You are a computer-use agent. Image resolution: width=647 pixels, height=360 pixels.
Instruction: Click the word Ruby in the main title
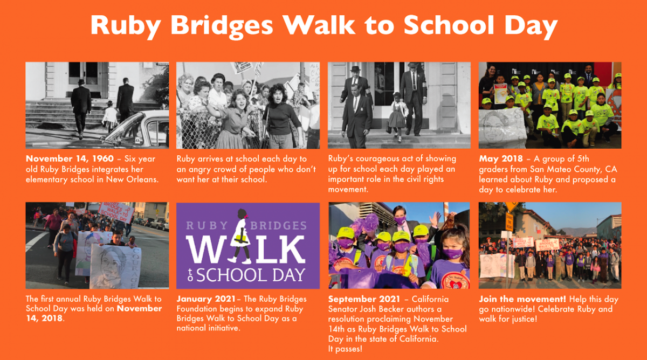click(x=125, y=26)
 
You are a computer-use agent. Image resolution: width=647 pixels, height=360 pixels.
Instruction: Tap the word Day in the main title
click(x=531, y=26)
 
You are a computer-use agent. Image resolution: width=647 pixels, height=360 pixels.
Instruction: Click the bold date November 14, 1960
click(x=70, y=159)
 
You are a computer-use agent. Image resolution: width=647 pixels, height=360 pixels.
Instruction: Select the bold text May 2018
click(x=501, y=159)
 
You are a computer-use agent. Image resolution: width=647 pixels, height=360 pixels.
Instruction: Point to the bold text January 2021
click(x=206, y=299)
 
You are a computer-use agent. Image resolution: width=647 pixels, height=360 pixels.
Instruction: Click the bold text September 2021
click(x=364, y=299)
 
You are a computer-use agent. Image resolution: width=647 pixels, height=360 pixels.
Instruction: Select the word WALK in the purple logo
click(x=245, y=249)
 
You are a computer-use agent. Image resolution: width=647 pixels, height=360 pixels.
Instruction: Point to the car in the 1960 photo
click(x=136, y=129)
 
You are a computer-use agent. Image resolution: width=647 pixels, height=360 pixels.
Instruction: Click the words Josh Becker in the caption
click(x=382, y=309)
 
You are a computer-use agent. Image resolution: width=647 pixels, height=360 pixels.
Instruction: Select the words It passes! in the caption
click(x=345, y=349)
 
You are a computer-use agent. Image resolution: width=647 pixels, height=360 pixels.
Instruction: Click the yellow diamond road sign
click(x=512, y=206)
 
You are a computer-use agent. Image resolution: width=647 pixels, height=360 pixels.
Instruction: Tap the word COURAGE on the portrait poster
click(x=135, y=268)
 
